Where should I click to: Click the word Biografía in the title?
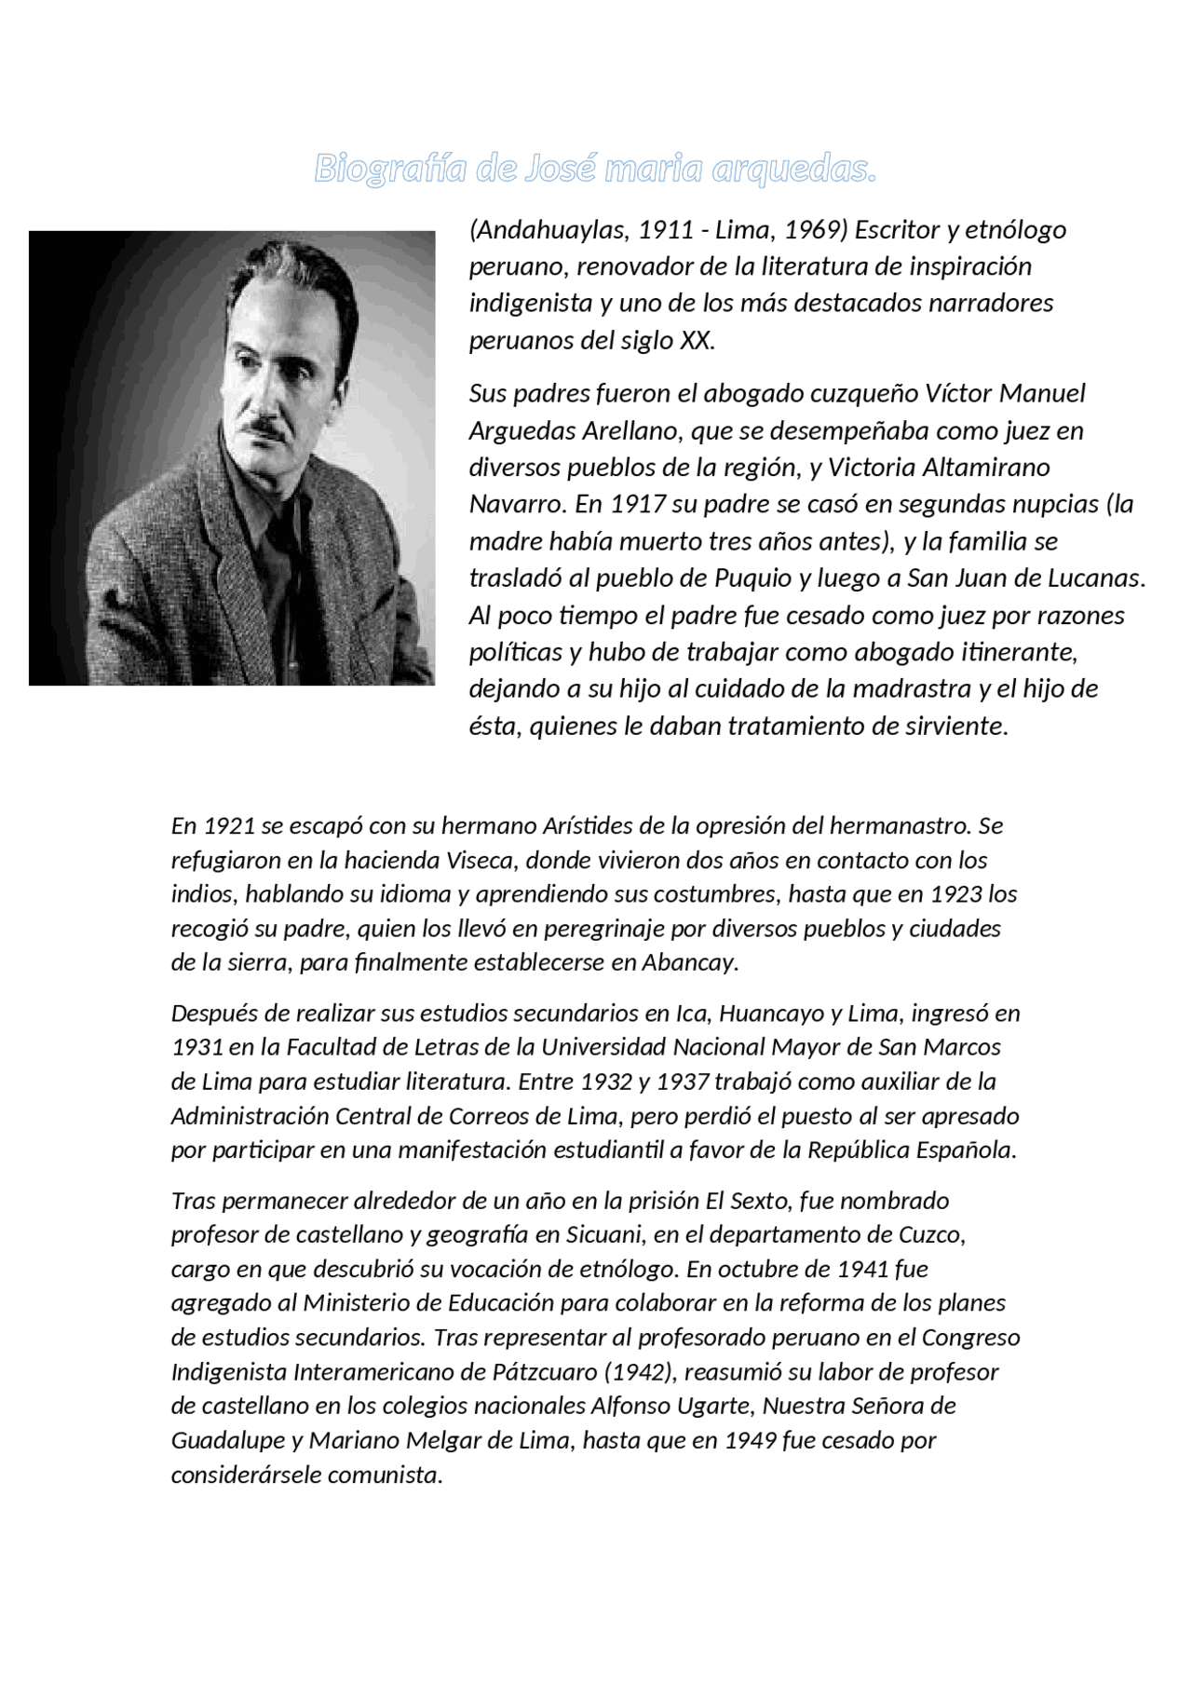(390, 170)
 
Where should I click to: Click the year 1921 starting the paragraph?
(228, 826)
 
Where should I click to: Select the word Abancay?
(689, 962)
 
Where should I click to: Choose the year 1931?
(196, 1047)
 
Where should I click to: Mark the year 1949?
(750, 1440)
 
